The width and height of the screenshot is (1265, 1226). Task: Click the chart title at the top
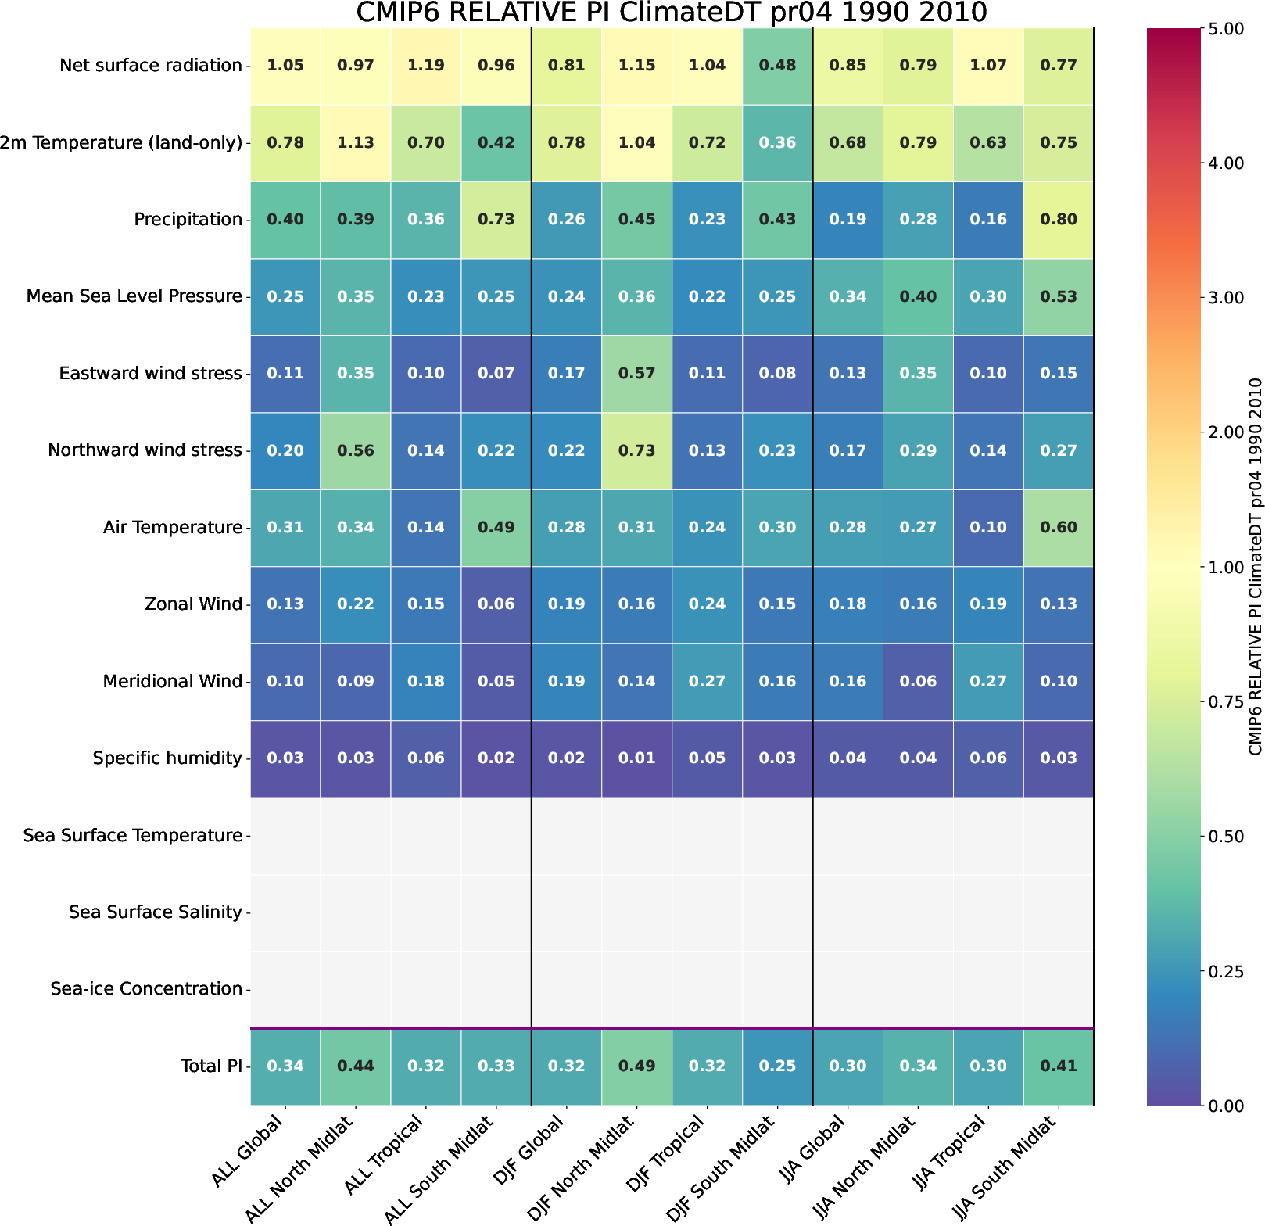tap(672, 13)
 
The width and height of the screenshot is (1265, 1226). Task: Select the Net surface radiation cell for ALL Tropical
tap(425, 66)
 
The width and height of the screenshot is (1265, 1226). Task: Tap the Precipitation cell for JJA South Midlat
tap(1059, 220)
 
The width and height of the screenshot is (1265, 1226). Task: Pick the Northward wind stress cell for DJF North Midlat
tap(636, 450)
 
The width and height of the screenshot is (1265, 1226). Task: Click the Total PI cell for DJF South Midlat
tap(777, 1066)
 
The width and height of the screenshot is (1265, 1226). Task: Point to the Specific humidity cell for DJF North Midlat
tap(636, 758)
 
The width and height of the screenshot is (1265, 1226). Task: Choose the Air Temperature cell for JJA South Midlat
tap(1059, 528)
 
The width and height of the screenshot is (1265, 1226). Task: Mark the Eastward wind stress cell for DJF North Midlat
tap(636, 374)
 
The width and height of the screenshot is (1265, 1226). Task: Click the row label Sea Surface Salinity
tap(155, 912)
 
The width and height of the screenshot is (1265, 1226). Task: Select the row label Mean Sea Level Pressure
tap(134, 296)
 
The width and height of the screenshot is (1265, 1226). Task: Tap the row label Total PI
tap(211, 1066)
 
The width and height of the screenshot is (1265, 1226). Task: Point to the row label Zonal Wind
tap(193, 604)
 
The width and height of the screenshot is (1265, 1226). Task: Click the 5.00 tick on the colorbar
tap(1231, 29)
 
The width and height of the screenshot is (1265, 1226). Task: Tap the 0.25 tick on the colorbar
tap(1231, 971)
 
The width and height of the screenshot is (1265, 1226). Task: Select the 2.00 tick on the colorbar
tap(1231, 432)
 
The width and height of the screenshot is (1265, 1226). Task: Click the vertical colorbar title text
tap(1255, 567)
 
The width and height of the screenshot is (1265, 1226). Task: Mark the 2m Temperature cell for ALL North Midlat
tap(355, 143)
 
